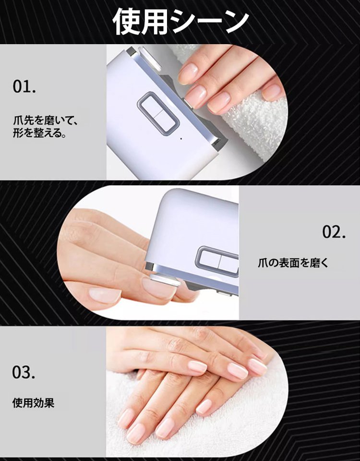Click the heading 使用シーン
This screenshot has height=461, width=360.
tap(180, 22)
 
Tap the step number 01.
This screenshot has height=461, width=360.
tap(24, 88)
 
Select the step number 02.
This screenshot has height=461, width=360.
tap(334, 232)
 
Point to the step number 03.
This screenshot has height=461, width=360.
tap(24, 372)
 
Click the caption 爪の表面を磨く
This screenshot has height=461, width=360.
tap(293, 263)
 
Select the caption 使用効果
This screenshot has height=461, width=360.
tap(33, 402)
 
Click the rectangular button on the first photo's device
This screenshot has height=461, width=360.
tap(157, 113)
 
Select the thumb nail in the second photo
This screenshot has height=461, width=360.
tap(104, 295)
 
